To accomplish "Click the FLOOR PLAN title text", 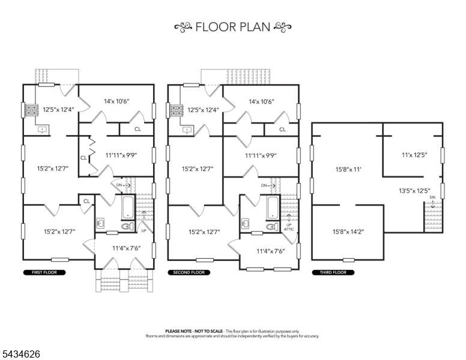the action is pyautogui.click(x=233, y=27).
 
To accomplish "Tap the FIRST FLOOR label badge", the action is pyautogui.click(x=44, y=272).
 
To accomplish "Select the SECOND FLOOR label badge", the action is pyautogui.click(x=189, y=272).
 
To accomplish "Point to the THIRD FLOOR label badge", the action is pyautogui.click(x=333, y=272).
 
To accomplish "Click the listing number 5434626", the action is pyautogui.click(x=21, y=354).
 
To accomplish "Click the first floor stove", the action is pyautogui.click(x=31, y=110).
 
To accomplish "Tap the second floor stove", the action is pyautogui.click(x=176, y=110).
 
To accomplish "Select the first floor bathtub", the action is pyautogui.click(x=129, y=208).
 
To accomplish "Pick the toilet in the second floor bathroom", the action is pyautogui.click(x=271, y=227).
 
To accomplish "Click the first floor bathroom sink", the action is pyautogui.click(x=100, y=223).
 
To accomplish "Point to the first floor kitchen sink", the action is pyautogui.click(x=43, y=130).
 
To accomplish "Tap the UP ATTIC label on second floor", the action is pyautogui.click(x=289, y=227).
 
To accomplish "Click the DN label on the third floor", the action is pyautogui.click(x=432, y=197).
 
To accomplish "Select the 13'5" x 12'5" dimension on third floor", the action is pyautogui.click(x=414, y=191).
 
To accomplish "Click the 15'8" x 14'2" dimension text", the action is pyautogui.click(x=348, y=232).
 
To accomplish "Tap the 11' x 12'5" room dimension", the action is pyautogui.click(x=414, y=155).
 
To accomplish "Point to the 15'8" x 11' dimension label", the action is pyautogui.click(x=348, y=170).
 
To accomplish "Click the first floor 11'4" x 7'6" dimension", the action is pyautogui.click(x=127, y=248).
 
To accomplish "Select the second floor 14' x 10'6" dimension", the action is pyautogui.click(x=262, y=101).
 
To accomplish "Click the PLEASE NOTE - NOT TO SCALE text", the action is pyautogui.click(x=194, y=331).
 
